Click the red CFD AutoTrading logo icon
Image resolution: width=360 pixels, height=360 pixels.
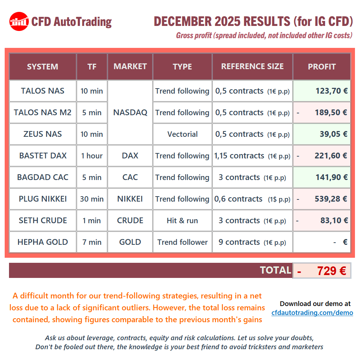point(19,22)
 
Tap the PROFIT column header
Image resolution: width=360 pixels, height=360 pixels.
point(321,67)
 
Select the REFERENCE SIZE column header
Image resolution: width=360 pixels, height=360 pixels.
point(252,67)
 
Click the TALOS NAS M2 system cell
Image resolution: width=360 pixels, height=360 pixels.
point(42,112)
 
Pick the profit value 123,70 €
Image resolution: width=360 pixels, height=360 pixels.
point(332,91)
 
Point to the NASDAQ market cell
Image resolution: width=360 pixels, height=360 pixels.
point(130,112)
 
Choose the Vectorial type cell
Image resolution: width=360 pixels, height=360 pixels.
point(182,134)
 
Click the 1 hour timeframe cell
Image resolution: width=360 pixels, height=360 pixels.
point(92,156)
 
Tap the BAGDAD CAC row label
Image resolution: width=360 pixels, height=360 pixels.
point(42,177)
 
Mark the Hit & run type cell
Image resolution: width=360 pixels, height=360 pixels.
point(182,220)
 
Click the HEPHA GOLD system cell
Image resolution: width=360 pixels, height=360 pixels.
point(42,242)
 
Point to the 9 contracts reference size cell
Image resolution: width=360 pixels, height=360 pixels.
point(252,242)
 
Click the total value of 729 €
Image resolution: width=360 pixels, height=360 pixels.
point(331,271)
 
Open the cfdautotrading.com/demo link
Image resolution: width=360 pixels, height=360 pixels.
point(312,313)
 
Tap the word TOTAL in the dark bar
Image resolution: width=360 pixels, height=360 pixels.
point(275,270)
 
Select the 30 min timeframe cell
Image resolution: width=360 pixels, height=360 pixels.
point(92,199)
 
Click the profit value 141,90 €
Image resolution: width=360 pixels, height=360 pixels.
point(332,177)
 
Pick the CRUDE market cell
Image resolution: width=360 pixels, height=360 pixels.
point(130,220)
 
